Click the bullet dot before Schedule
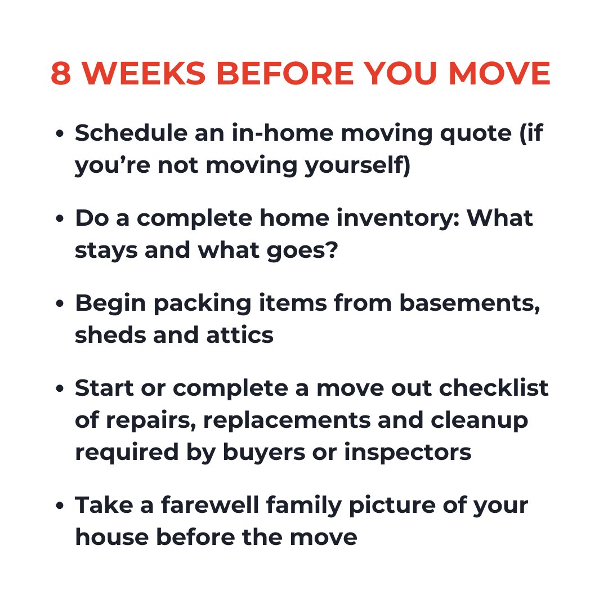tap(60, 136)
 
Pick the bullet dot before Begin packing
tap(60, 305)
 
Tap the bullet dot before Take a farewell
tap(60, 506)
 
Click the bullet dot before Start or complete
tap(60, 389)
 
